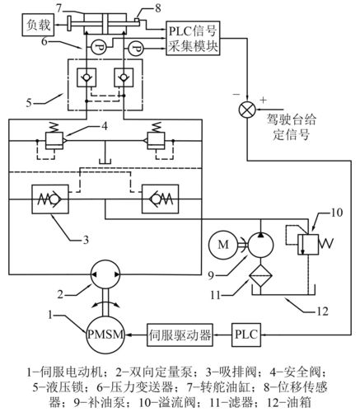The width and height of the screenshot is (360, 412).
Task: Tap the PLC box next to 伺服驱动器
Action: (246, 336)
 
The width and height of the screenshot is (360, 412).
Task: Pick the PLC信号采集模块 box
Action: (194, 38)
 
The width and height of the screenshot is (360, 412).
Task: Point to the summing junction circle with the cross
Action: (245, 107)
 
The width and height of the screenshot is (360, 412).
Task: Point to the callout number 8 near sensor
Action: (157, 8)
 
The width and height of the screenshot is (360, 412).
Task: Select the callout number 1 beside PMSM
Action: (54, 315)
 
